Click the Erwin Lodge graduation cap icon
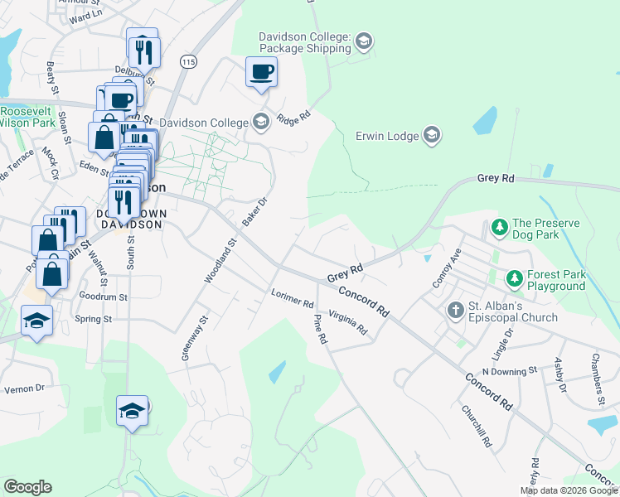click(x=431, y=134)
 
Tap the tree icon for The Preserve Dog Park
click(x=499, y=225)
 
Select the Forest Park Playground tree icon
click(x=514, y=277)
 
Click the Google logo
click(x=27, y=487)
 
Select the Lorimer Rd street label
click(x=293, y=298)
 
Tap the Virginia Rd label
click(x=348, y=321)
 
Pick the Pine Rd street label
click(x=321, y=329)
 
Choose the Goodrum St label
click(x=104, y=296)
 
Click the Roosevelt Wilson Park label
click(x=27, y=117)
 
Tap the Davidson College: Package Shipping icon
click(x=364, y=41)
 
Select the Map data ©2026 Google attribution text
click(x=569, y=490)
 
